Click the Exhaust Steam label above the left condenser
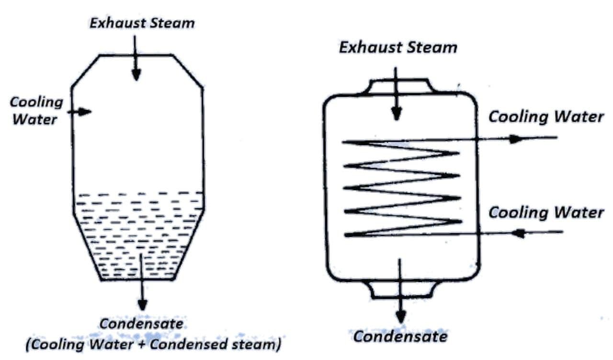142,23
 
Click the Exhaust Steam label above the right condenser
398,47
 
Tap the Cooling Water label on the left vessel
36,110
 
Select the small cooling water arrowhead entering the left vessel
85,112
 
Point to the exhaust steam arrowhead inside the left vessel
136,74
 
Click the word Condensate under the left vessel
141,324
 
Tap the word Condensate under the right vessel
400,337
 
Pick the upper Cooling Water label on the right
546,117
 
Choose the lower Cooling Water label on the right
546,212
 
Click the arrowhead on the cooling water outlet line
515,139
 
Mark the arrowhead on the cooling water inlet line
519,233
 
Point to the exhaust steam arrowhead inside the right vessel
396,114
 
